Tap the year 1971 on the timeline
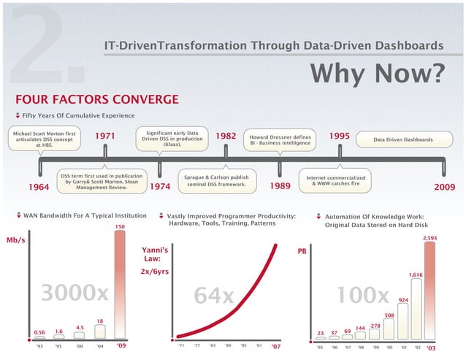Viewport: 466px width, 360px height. [105, 136]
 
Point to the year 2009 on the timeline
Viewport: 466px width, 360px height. [444, 187]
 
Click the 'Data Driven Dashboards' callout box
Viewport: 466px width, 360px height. [402, 139]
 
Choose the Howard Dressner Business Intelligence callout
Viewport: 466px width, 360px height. [280, 140]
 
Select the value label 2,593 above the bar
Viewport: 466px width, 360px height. [429, 238]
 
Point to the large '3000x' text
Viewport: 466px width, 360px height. [75, 294]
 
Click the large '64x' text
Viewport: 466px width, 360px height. [213, 297]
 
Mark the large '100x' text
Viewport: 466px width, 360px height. [362, 296]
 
